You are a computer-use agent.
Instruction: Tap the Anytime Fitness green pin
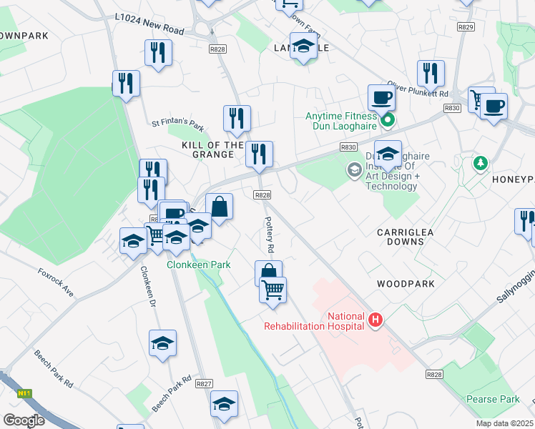(x=387, y=120)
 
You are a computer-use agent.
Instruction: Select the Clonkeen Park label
(x=199, y=265)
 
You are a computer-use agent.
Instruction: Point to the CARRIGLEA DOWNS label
(x=401, y=237)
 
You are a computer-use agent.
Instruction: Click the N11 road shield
(x=25, y=393)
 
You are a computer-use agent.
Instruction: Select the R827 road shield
(x=205, y=384)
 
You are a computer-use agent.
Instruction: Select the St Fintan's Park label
(x=178, y=124)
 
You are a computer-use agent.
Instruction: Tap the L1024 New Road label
(x=149, y=27)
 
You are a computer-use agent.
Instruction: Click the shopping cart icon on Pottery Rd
(x=273, y=290)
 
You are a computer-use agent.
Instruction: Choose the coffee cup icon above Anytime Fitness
(x=381, y=97)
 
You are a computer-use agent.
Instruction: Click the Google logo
(x=24, y=420)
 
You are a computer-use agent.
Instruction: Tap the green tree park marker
(x=480, y=164)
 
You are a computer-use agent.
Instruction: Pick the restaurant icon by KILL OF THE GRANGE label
(x=258, y=154)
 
